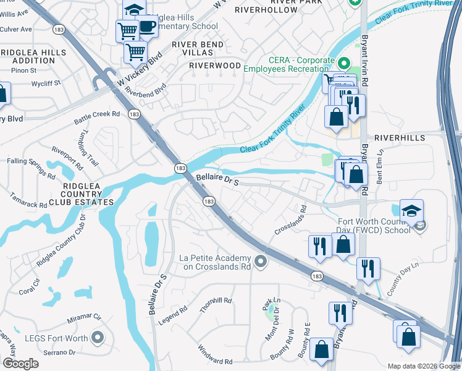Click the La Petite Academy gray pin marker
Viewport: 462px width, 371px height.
pyautogui.click(x=261, y=263)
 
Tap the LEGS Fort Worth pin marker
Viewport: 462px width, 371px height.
pyautogui.click(x=97, y=338)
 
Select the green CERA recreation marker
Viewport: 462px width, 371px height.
pyautogui.click(x=345, y=64)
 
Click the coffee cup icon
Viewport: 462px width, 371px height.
pyautogui.click(x=147, y=26)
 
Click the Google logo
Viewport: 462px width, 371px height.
pyautogui.click(x=20, y=364)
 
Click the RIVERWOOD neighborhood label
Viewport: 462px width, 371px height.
pyautogui.click(x=215, y=65)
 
